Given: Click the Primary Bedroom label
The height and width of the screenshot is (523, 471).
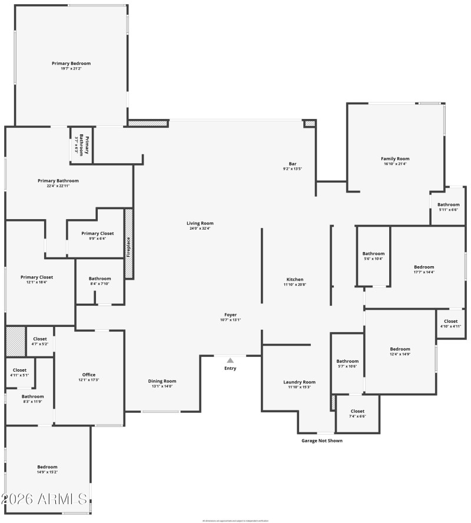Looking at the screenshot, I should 71,63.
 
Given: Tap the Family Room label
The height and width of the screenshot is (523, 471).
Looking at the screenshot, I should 395,158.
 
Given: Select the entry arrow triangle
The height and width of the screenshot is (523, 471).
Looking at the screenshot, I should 230,360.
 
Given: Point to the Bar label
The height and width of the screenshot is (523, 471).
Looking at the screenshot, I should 292,163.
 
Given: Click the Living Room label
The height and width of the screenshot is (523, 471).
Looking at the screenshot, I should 200,223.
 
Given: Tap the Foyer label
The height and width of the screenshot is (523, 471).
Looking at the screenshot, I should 230,315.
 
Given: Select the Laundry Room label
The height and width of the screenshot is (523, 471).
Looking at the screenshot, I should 299,382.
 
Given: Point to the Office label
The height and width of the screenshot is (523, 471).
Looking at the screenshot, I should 89,375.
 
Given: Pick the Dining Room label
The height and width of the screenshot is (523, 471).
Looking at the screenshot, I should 162,381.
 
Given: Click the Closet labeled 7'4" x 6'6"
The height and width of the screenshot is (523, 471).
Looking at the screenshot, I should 357,411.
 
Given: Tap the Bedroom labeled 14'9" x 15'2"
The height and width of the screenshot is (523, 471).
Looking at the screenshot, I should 48,466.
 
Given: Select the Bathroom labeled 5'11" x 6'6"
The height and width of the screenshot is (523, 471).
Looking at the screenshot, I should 448,204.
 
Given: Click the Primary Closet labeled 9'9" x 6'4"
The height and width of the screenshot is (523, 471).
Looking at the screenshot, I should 98,233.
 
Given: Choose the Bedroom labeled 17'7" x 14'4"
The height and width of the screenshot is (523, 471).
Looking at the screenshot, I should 424,267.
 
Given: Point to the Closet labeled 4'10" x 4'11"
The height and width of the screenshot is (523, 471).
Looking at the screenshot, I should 451,321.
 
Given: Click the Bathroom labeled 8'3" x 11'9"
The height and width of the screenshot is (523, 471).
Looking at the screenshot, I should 33,396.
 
